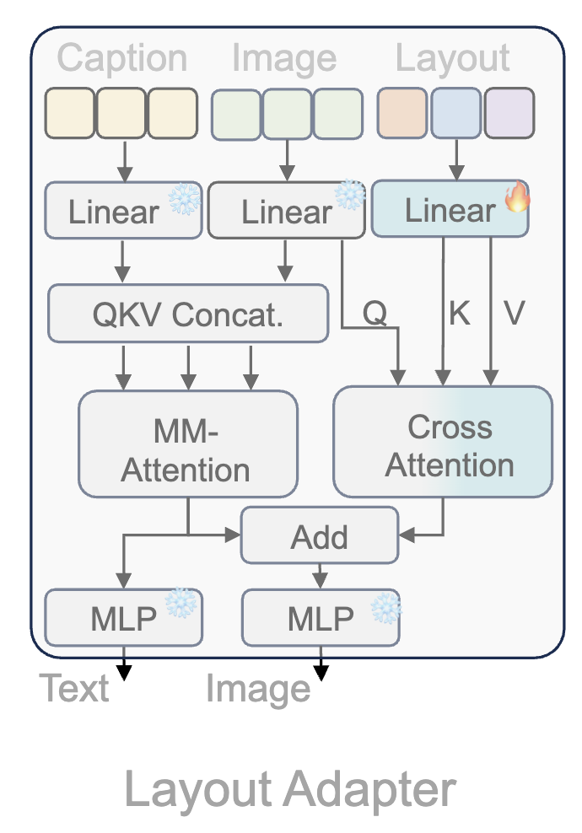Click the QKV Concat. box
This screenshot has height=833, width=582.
[187, 314]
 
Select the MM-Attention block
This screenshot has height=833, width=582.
[187, 443]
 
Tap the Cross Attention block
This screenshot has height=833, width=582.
[444, 442]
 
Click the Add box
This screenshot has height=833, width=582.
[319, 535]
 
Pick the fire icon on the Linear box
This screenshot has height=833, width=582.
[516, 198]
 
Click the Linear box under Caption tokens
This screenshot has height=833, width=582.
[113, 211]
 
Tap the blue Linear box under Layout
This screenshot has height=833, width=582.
[449, 211]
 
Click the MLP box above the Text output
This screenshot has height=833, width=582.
[123, 618]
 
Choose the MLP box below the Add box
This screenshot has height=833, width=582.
[320, 618]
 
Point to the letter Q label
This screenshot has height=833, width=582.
[375, 313]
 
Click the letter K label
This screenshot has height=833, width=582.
[458, 313]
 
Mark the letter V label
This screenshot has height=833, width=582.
[514, 313]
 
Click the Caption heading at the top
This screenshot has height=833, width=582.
[122, 58]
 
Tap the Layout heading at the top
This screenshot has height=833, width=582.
[453, 58]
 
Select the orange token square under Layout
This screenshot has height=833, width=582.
[403, 112]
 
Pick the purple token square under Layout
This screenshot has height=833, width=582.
[509, 112]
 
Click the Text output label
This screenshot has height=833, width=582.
[74, 689]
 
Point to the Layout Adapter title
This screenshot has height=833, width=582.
[290, 790]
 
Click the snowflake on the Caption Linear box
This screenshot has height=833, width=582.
[183, 199]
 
